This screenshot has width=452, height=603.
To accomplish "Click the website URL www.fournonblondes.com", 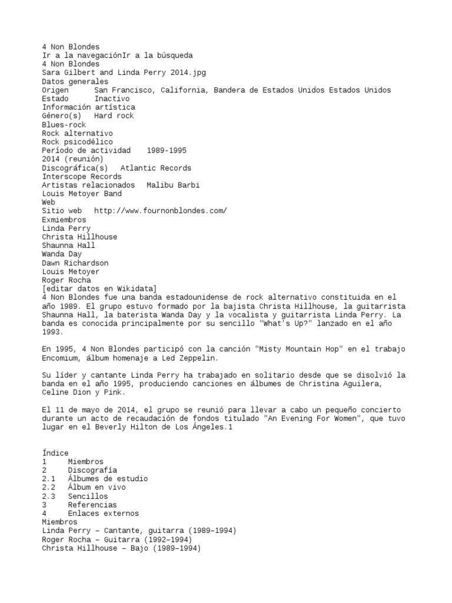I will [x=161, y=211].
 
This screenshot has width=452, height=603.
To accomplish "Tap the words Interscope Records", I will [x=82, y=177].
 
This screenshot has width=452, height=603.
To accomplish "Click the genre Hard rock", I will [x=114, y=116].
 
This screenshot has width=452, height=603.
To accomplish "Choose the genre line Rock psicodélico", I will [x=78, y=142].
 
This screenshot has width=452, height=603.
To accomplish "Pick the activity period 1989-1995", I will [x=171, y=151].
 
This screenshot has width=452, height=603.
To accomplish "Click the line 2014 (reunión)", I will [x=73, y=159].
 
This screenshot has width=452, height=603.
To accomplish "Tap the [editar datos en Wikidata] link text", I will [x=99, y=289].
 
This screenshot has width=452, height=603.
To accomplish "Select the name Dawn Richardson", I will [x=75, y=263].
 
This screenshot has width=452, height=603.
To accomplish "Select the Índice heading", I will [x=55, y=453].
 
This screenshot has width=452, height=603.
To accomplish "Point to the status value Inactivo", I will [x=112, y=99].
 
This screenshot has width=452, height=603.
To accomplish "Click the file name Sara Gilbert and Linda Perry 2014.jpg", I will [x=124, y=72].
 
